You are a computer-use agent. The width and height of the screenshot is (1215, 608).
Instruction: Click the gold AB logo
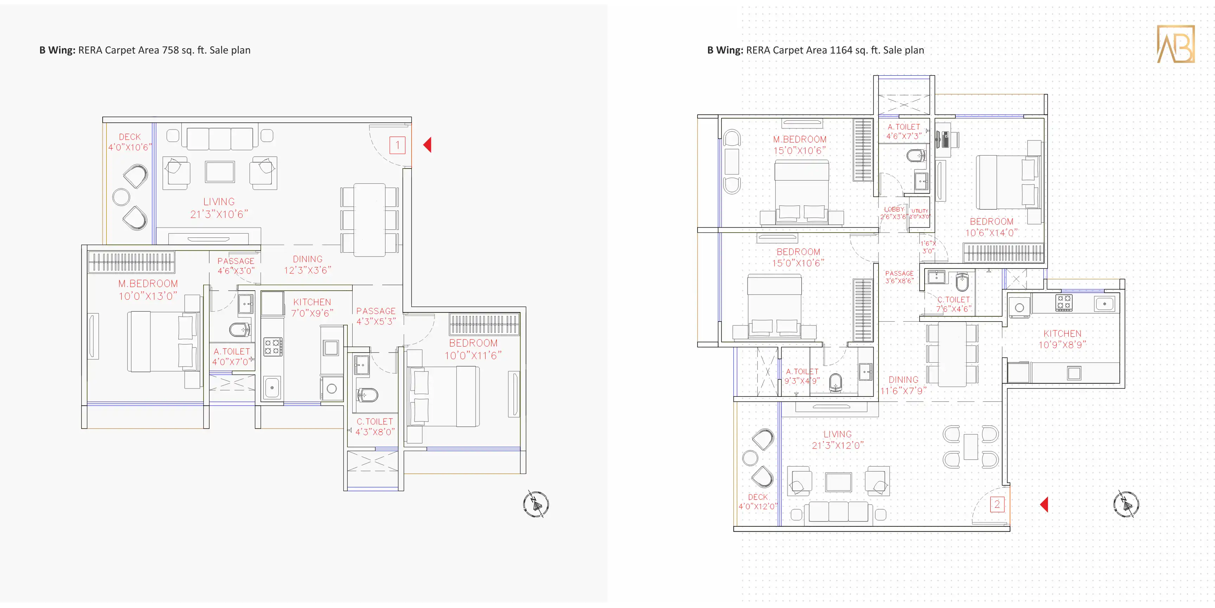pyautogui.click(x=1175, y=44)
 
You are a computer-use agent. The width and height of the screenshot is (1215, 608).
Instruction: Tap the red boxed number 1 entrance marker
pyautogui.click(x=397, y=145)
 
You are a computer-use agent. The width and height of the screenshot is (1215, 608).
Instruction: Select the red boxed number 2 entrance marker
pyautogui.click(x=997, y=504)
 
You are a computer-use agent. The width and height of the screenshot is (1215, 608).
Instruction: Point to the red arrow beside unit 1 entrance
pyautogui.click(x=427, y=145)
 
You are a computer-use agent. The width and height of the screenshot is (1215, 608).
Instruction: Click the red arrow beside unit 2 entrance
pyautogui.click(x=1044, y=504)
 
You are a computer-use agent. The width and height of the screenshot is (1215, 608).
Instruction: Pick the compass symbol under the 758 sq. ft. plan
pyautogui.click(x=536, y=504)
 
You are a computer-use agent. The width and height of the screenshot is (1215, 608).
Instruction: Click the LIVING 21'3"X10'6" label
pyautogui.click(x=219, y=208)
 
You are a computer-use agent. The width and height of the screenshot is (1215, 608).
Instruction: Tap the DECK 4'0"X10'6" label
pyautogui.click(x=130, y=141)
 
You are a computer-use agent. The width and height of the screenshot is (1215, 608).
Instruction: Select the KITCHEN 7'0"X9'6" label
pyautogui.click(x=312, y=307)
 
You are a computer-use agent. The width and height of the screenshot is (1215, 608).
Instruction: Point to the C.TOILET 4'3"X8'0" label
pyautogui.click(x=375, y=427)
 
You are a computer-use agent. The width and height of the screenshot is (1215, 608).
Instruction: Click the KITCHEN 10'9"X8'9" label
pyautogui.click(x=1062, y=339)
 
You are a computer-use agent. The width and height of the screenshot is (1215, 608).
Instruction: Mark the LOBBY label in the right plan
pyautogui.click(x=894, y=209)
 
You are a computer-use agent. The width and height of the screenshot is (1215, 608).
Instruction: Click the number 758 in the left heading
pyautogui.click(x=170, y=50)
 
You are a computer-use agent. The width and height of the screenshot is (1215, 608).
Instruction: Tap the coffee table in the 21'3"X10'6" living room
pyautogui.click(x=220, y=172)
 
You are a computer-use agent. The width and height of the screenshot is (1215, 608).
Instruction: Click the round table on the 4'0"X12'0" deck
pyautogui.click(x=750, y=457)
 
